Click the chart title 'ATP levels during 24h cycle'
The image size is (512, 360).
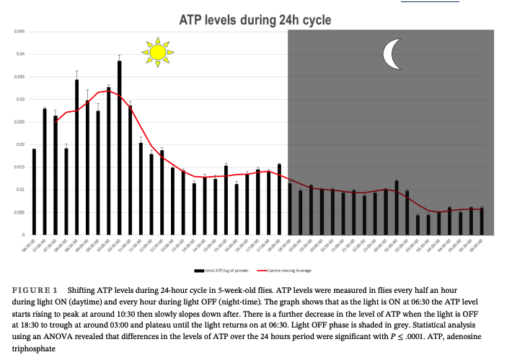pyautogui.click(x=255, y=20)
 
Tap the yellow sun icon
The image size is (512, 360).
pyautogui.click(x=156, y=52)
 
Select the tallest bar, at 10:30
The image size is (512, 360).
pyautogui.click(x=119, y=148)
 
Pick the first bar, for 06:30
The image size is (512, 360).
pyautogui.click(x=34, y=192)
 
